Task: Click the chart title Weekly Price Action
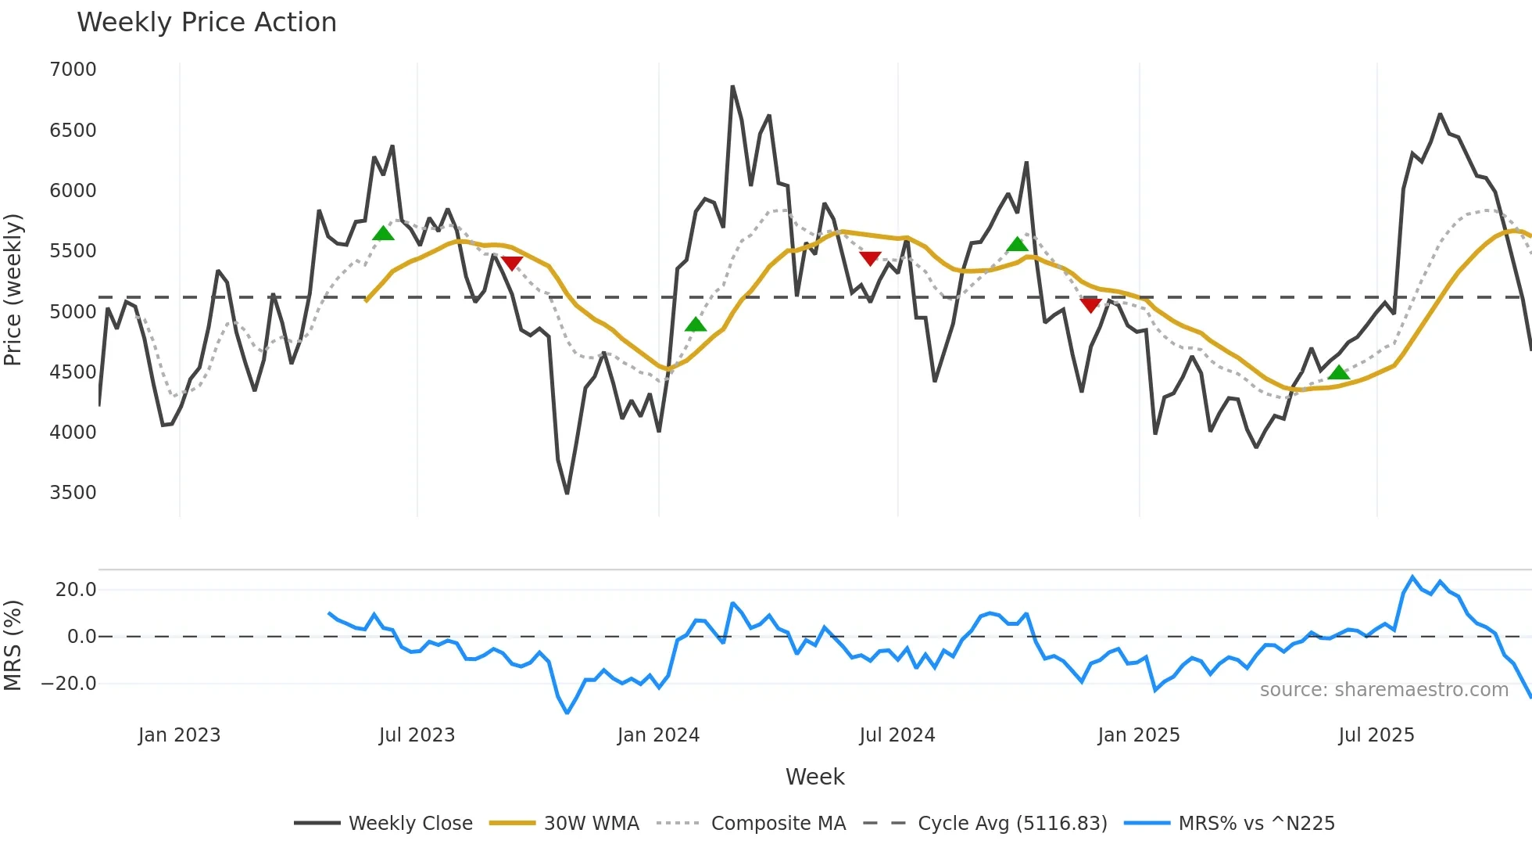pos(206,23)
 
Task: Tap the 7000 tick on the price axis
pos(73,70)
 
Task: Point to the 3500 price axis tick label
pos(73,493)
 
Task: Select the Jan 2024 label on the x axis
pos(658,735)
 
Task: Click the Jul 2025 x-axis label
pos(1376,735)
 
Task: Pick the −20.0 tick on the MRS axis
pos(69,684)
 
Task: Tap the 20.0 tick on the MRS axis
pos(75,590)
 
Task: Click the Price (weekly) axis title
pos(13,289)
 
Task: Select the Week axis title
pos(814,777)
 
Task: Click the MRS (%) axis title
pos(13,645)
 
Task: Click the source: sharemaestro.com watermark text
pos(1383,690)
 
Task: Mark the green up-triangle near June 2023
pos(383,233)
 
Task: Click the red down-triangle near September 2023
pos(511,264)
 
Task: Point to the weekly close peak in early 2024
pos(732,86)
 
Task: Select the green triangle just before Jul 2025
pos(1339,372)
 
